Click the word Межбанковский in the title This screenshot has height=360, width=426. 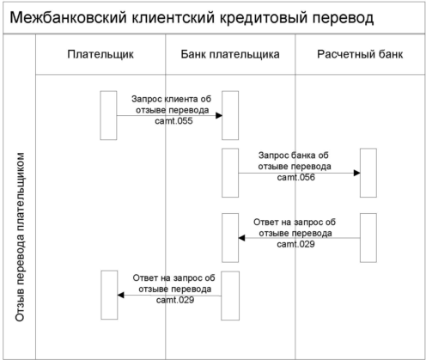(x=68, y=17)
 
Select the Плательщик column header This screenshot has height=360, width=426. (x=100, y=54)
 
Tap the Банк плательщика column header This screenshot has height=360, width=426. (x=230, y=54)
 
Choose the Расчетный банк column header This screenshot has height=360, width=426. (x=360, y=54)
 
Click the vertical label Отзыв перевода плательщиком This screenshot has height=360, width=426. (x=20, y=237)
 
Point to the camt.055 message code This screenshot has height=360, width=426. (x=173, y=121)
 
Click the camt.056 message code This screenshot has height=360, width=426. (x=296, y=177)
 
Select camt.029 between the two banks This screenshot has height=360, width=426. (x=295, y=244)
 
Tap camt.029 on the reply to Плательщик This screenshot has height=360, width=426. (x=175, y=300)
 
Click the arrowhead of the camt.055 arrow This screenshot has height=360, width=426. (x=219, y=116)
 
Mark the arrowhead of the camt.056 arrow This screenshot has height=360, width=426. (x=357, y=173)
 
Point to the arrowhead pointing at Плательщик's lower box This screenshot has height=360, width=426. (x=121, y=295)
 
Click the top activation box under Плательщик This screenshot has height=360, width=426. (x=108, y=115)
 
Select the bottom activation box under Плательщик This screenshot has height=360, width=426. (x=109, y=295)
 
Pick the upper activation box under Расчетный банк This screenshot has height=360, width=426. (x=368, y=173)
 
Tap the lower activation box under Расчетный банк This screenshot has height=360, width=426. (x=368, y=238)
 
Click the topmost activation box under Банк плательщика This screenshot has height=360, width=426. (x=230, y=115)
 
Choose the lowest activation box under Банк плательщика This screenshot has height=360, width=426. (x=230, y=296)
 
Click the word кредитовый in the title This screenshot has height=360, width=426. (x=264, y=18)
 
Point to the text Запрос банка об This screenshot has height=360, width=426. (x=294, y=156)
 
